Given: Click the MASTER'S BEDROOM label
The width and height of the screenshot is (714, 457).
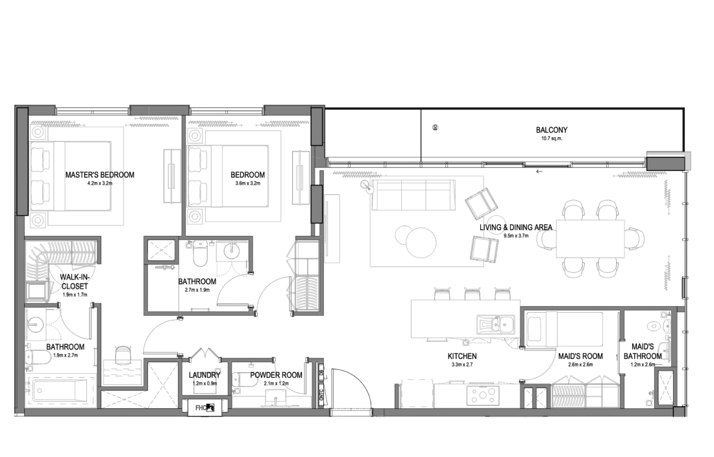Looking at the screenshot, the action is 100,175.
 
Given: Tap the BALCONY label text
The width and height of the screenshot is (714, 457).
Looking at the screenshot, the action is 552,130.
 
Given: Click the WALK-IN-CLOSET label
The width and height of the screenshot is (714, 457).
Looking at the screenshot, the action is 75,282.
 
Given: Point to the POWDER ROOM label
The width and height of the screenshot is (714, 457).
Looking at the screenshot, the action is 276,375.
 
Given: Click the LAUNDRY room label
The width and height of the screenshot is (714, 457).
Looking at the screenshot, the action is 204,375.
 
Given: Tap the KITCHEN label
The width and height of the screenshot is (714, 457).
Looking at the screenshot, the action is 462,356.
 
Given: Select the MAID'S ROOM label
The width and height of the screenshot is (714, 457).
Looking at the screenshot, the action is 580,356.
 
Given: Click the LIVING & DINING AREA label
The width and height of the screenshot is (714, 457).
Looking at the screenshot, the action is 516,227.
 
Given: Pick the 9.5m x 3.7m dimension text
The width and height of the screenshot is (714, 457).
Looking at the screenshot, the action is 516,236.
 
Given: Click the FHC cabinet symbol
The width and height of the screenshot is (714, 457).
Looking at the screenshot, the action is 206,408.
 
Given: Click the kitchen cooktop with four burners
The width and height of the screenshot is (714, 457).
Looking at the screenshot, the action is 482,395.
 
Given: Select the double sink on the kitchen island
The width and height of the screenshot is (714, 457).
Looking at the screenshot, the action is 496,324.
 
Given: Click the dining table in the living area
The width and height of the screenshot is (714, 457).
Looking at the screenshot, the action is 590,239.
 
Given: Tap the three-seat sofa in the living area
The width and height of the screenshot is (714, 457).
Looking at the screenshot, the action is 413,195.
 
